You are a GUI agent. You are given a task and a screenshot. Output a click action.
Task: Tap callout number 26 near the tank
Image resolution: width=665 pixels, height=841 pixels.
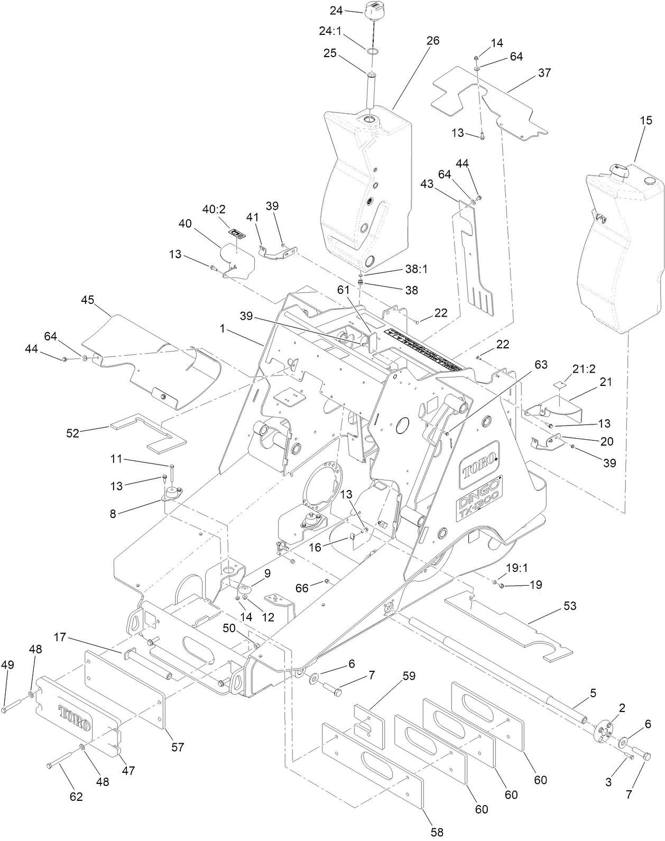(x=432, y=41)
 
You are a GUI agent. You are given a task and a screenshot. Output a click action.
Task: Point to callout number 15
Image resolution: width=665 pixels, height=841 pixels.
(x=646, y=121)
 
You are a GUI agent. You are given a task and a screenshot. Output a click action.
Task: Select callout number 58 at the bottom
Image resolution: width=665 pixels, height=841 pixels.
(x=437, y=832)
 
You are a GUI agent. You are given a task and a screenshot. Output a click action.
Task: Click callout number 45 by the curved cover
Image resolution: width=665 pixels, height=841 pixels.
(x=88, y=300)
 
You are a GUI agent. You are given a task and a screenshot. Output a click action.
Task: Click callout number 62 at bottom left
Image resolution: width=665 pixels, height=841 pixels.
(x=76, y=797)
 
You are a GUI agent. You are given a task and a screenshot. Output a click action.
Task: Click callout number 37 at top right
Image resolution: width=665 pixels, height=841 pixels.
(x=544, y=72)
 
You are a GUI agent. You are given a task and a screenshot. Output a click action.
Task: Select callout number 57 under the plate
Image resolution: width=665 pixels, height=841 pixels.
(x=178, y=747)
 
